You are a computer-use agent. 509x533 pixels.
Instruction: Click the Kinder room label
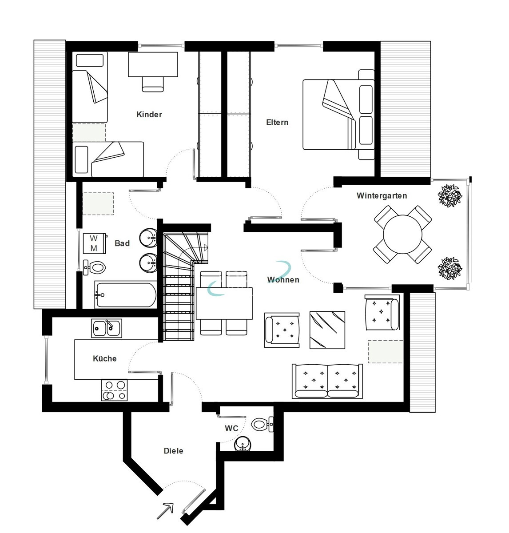[x=149, y=115]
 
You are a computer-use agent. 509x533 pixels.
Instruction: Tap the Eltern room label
[x=277, y=123]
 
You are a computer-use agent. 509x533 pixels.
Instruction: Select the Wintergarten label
[x=382, y=195]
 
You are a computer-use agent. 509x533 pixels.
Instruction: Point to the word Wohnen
[x=283, y=280]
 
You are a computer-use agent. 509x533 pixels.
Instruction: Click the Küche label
[x=105, y=358]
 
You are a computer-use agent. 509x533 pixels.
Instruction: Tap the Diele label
[x=173, y=451]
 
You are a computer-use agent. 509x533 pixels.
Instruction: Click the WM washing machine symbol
[x=94, y=244]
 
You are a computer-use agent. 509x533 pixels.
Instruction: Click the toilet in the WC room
[x=260, y=424]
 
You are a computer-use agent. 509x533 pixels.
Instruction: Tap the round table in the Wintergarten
[x=403, y=234]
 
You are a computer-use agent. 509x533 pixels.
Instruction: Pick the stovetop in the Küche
[x=114, y=390]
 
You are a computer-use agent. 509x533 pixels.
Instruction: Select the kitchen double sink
[x=107, y=328]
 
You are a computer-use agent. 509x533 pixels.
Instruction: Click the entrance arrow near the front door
[x=164, y=511]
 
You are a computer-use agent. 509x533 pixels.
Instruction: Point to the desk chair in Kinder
[x=153, y=83]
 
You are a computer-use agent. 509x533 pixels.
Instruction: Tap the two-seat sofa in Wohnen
[x=327, y=381]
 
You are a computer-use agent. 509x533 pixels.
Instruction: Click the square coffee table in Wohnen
[x=327, y=330]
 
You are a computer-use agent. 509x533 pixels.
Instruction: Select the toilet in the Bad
[x=96, y=267]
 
